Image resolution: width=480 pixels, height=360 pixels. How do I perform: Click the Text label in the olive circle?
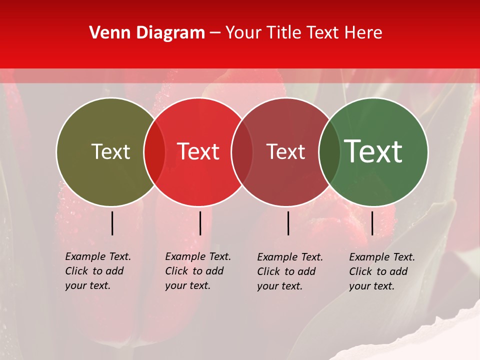click(x=110, y=152)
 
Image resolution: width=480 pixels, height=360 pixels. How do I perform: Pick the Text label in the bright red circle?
click(x=198, y=152)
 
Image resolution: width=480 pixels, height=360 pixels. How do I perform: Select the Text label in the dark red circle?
click(x=286, y=152)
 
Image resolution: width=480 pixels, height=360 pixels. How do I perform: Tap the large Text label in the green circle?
click(x=373, y=152)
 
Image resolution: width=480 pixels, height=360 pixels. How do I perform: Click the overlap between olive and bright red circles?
click(x=154, y=152)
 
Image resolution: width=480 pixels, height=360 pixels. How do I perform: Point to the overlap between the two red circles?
click(x=242, y=152)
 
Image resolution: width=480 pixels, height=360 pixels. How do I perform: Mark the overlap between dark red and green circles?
click(x=329, y=152)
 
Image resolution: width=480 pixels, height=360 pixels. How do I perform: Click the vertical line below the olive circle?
click(x=112, y=223)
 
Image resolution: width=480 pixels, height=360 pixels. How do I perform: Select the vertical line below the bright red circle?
click(x=200, y=223)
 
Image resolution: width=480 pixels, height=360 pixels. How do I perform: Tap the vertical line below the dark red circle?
click(x=288, y=223)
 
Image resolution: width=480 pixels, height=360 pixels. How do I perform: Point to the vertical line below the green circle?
click(x=372, y=223)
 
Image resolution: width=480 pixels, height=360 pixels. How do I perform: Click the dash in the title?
click(x=215, y=33)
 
